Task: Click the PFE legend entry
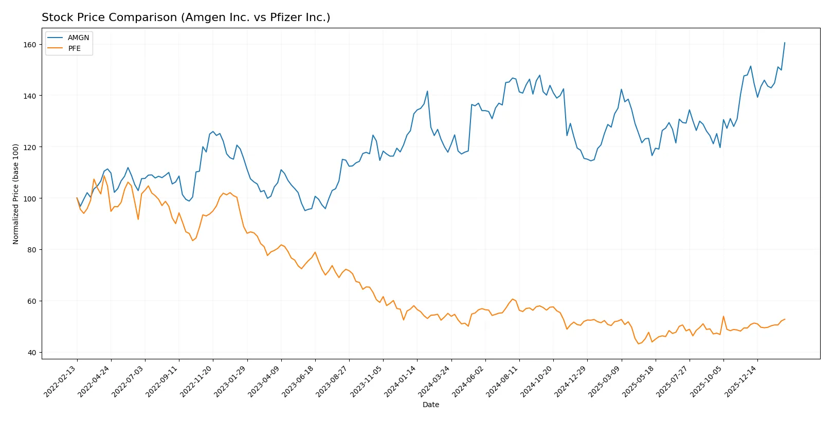coord(74,48)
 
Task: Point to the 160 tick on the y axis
coord(30,45)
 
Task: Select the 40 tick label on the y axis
coord(32,352)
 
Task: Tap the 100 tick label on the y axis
coord(30,198)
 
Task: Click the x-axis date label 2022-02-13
coord(61,381)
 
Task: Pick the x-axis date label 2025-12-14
coord(741,381)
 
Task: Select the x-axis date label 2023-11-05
coord(367,381)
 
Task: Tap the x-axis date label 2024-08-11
coord(503,381)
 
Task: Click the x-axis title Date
coord(430,405)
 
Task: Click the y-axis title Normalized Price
coord(16,194)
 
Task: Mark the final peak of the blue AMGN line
coord(785,43)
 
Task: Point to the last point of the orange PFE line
coord(785,319)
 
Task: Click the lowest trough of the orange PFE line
coord(639,343)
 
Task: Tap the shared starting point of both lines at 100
coord(77,198)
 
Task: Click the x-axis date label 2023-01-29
coord(230,381)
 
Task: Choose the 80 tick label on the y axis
coord(32,250)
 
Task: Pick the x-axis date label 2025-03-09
coord(605,381)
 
